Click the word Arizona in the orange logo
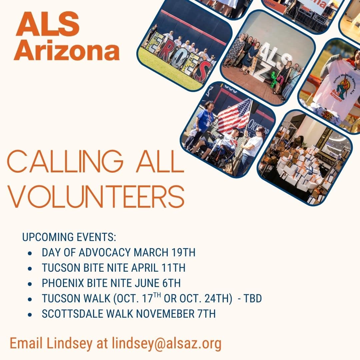point(67,50)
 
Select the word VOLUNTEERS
point(96,197)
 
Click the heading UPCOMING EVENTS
point(69,237)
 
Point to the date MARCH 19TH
point(165,252)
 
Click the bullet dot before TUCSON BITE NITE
point(30,268)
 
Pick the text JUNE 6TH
point(158,283)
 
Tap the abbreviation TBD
point(253,298)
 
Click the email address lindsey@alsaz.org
point(167,343)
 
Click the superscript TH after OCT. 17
point(157,295)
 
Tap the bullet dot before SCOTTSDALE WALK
point(30,314)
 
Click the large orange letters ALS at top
point(48,24)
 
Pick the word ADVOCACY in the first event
point(105,252)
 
